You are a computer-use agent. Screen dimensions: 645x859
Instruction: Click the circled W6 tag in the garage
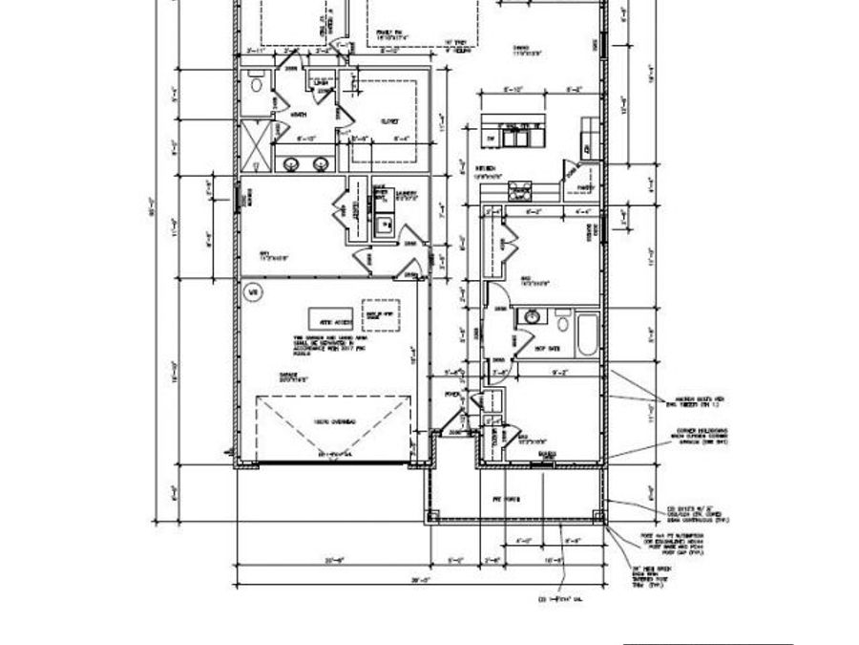(x=253, y=292)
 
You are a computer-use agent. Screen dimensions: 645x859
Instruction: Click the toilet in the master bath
(x=255, y=85)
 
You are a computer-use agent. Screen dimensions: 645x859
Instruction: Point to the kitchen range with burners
(x=520, y=190)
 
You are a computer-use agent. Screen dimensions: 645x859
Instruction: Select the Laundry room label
(x=407, y=191)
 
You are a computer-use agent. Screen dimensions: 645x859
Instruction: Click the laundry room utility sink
(x=384, y=226)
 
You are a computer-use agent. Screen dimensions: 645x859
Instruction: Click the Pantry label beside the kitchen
(x=585, y=187)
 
